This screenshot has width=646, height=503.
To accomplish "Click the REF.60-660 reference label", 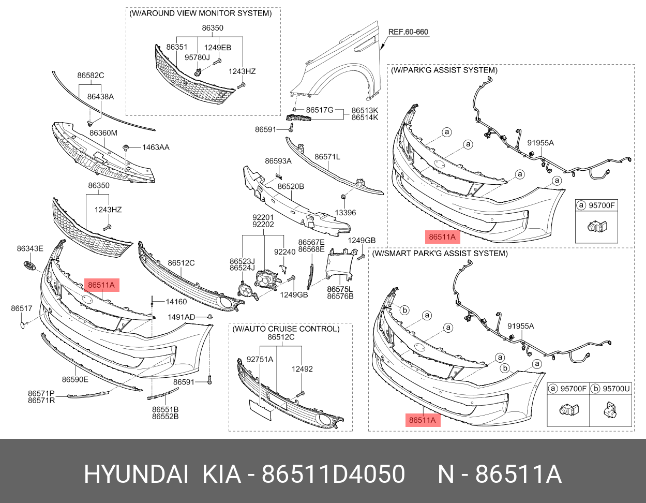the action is pos(408,32).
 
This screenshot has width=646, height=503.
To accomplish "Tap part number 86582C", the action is pos(91,76).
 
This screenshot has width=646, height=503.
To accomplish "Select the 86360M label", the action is pos(103,133).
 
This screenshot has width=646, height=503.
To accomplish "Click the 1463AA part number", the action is pos(156,147).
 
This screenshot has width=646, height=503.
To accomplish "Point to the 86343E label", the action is pos(30,248).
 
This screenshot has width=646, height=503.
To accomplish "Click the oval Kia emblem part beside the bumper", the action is pos(30,266).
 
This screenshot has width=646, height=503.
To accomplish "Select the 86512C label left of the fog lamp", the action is pos(181,263).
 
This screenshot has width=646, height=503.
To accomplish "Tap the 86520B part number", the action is pos(291,186).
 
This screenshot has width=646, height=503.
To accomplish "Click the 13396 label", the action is pos(345,213).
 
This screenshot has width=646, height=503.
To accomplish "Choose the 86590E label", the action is pos(75,379).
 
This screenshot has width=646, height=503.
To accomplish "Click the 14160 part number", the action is pos(176,302).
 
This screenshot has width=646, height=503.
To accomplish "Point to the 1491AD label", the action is pos(181,317).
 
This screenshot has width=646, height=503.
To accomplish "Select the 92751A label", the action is pos(260,359).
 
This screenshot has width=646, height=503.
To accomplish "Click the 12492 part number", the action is pos(302,369).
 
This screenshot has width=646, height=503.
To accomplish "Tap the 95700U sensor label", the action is pos(617,389).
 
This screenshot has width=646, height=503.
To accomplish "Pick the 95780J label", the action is pos(197,57).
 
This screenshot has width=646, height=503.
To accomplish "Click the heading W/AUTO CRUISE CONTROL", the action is pos(286,329).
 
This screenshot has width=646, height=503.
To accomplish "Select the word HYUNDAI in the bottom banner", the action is pos(136,474).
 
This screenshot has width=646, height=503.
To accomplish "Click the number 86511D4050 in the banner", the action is pos(333,474).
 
